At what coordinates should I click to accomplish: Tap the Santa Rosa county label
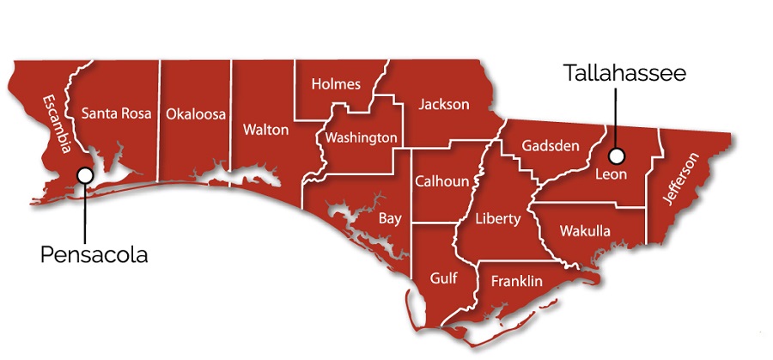[116, 113]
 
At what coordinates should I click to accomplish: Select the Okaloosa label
[196, 113]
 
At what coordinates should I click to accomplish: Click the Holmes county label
[336, 84]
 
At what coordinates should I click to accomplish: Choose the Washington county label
[361, 137]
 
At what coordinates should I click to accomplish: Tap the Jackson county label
[444, 105]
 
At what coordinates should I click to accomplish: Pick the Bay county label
[390, 218]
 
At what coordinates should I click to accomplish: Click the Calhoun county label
[441, 181]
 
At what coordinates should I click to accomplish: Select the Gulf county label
[444, 278]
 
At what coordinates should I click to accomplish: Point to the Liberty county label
[498, 219]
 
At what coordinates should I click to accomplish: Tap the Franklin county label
[516, 281]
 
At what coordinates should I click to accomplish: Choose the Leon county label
[612, 174]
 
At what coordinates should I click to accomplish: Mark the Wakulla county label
[584, 231]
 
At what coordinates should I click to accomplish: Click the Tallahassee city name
[624, 73]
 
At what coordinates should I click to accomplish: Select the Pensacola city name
[94, 255]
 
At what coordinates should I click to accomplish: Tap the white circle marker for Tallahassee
[616, 156]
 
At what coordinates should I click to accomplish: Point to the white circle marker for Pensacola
[84, 174]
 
